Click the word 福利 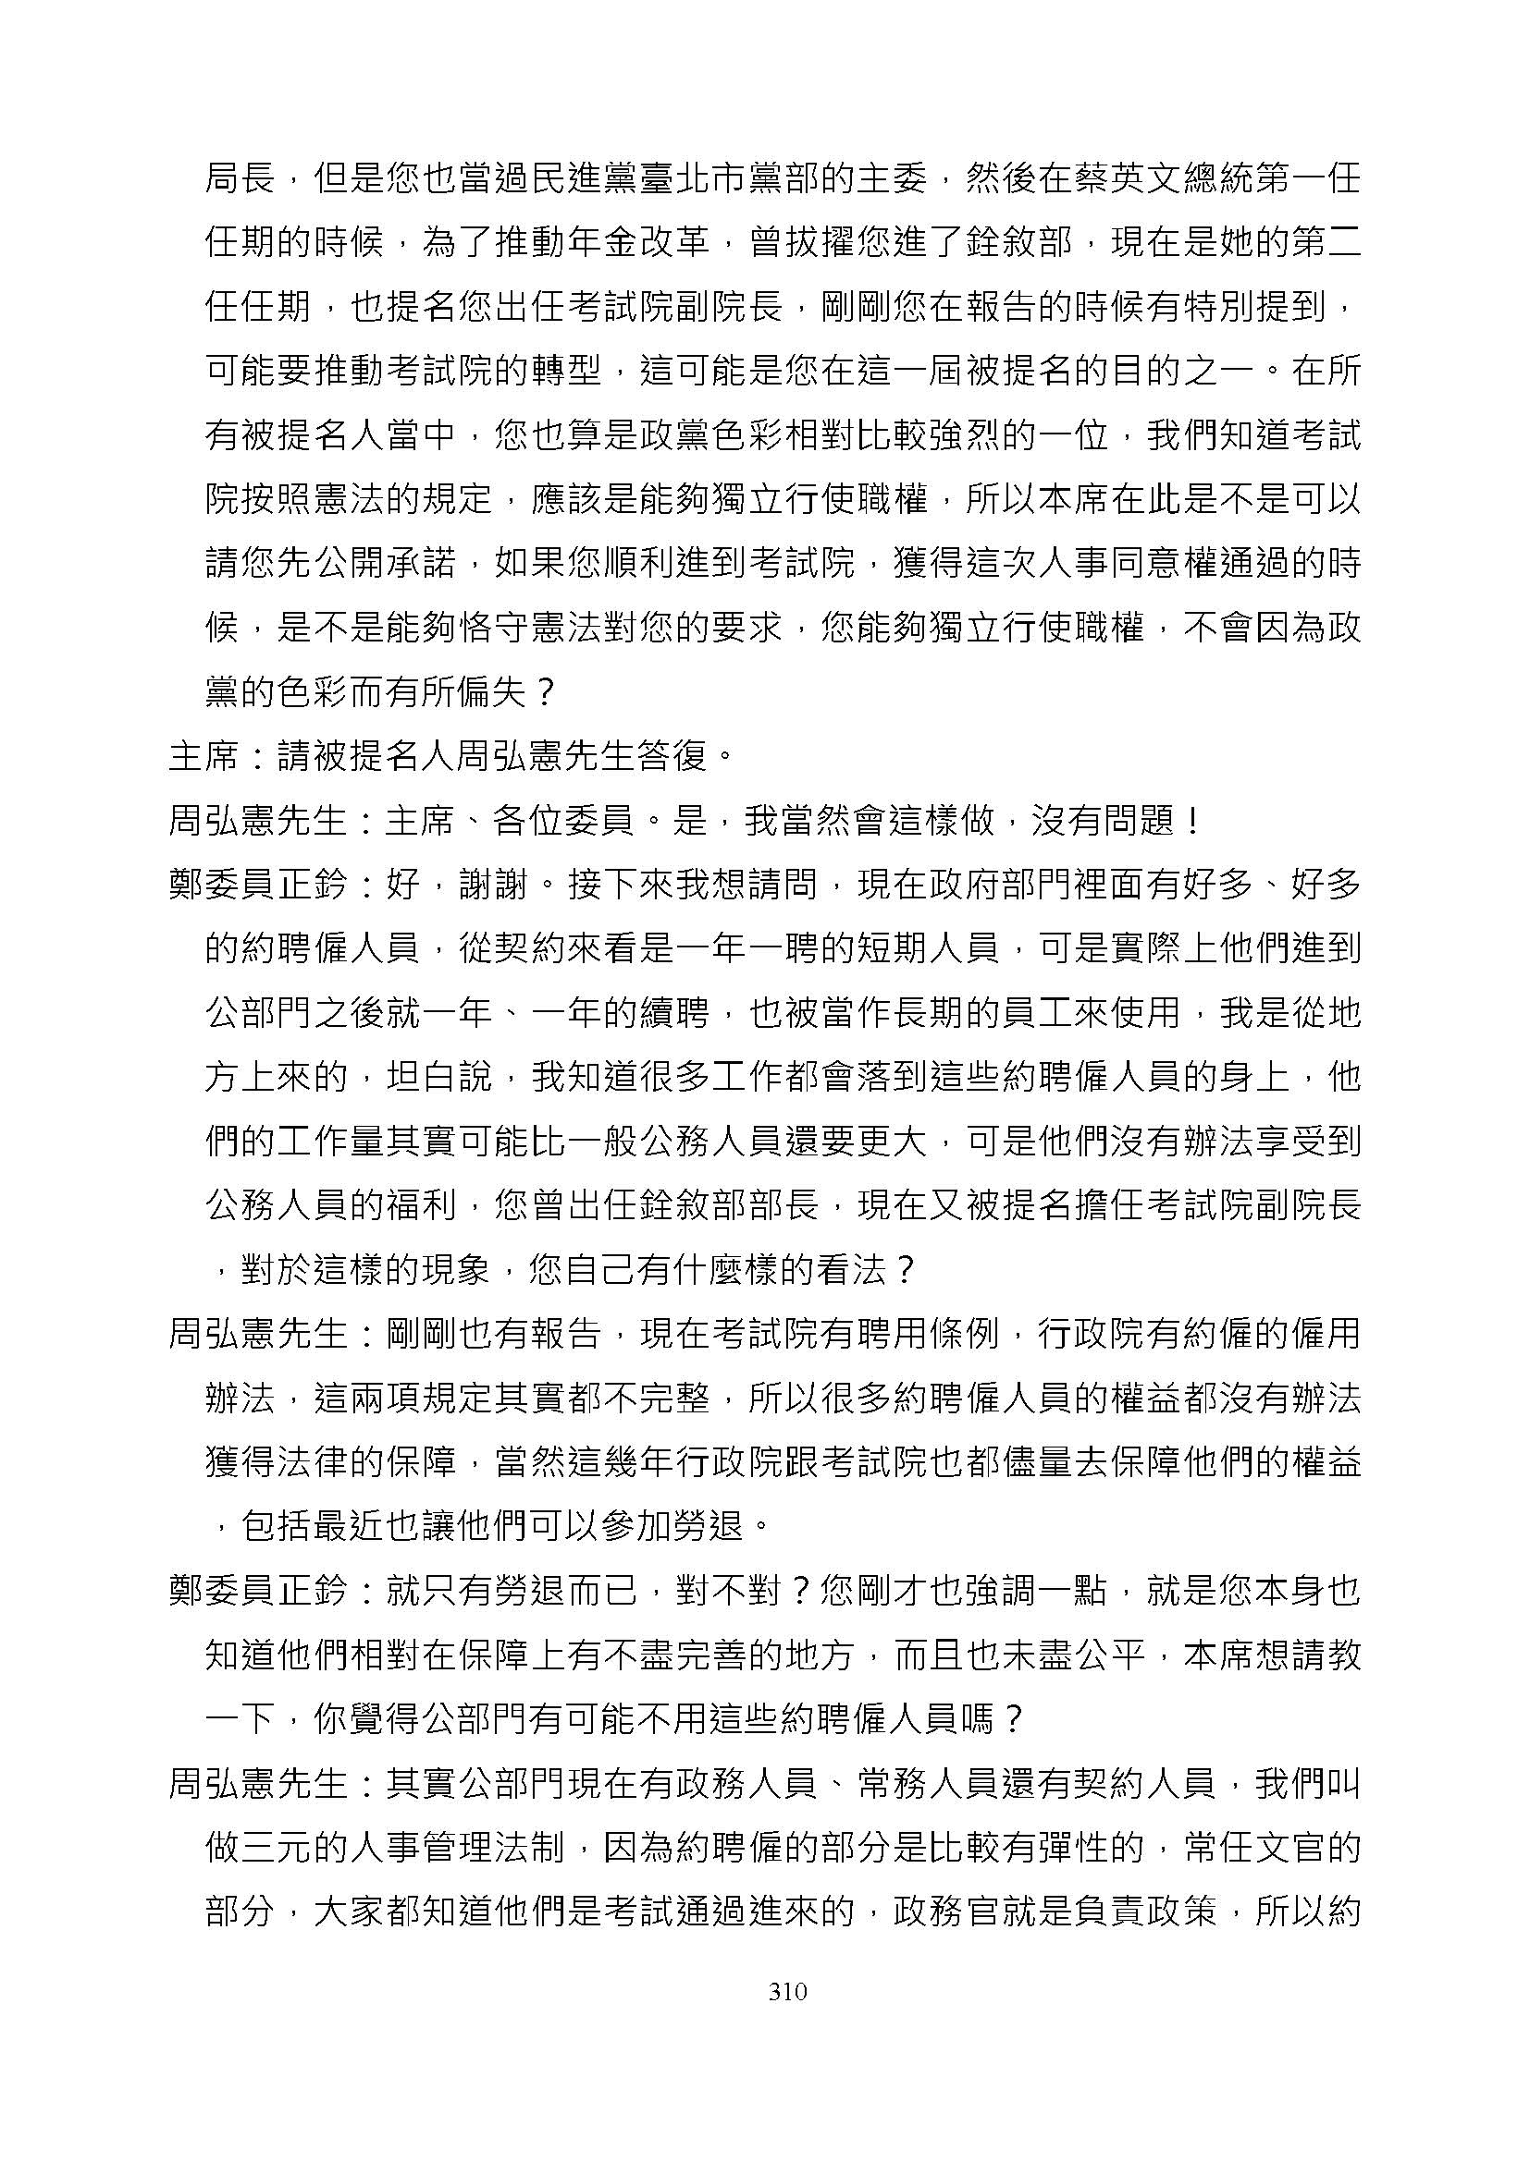(x=422, y=1205)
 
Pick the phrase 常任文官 (x=1289, y=1848)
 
